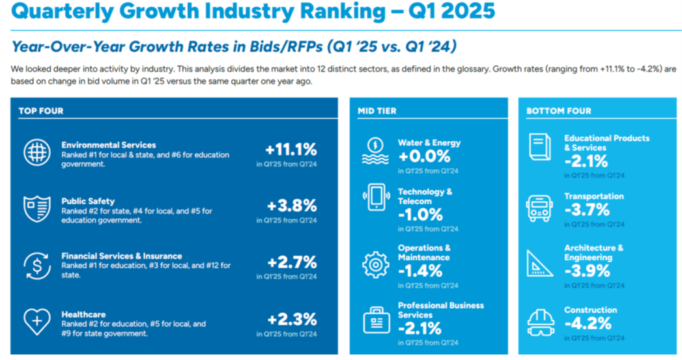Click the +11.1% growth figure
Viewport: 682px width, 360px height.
(x=291, y=149)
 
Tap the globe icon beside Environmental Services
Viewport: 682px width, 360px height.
(x=36, y=152)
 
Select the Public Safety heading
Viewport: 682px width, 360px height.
(x=88, y=201)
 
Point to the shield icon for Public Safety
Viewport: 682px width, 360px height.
(x=36, y=209)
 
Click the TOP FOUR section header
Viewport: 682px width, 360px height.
(x=41, y=111)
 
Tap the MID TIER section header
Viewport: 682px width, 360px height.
(x=377, y=111)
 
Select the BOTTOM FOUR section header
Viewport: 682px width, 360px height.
(x=559, y=111)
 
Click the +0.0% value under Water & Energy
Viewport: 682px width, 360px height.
(x=424, y=156)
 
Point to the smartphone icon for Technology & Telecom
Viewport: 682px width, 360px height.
(x=376, y=197)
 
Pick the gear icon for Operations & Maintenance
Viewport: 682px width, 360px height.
(x=376, y=264)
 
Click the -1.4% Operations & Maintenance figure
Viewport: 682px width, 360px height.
(x=420, y=271)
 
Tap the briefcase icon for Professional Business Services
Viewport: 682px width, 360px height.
(x=376, y=320)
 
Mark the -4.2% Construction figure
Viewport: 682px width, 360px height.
(x=588, y=323)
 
